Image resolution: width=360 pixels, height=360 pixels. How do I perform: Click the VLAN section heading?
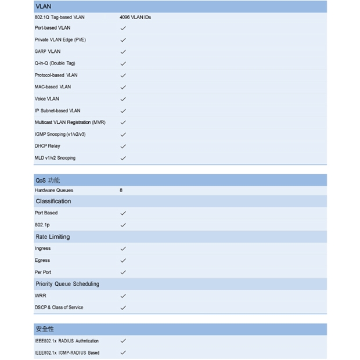[x=44, y=6]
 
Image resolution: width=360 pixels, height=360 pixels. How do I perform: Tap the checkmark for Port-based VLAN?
[x=123, y=28]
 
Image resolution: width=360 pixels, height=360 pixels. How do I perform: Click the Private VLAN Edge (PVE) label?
[x=60, y=39]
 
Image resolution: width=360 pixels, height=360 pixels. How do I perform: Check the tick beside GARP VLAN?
[x=123, y=52]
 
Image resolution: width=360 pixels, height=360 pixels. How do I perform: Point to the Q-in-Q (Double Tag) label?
[x=55, y=63]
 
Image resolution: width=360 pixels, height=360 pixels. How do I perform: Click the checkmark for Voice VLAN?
[x=123, y=99]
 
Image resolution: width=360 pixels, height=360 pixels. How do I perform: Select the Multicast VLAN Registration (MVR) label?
[x=70, y=123]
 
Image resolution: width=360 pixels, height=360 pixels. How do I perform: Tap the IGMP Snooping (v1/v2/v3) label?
[x=60, y=134]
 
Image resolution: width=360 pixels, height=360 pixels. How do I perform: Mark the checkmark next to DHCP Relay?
[x=123, y=146]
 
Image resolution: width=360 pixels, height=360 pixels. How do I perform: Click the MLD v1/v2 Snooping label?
[x=55, y=158]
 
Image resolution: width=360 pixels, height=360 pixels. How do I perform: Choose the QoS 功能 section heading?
[x=48, y=181]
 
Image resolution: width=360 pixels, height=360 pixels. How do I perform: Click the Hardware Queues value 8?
[x=121, y=190]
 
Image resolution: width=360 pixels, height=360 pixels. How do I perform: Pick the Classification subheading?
[x=53, y=201]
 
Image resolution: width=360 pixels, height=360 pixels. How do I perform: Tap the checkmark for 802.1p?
[x=123, y=225]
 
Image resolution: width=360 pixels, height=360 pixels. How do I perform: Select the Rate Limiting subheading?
[x=52, y=237]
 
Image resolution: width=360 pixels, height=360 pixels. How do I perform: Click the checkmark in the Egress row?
[x=123, y=261]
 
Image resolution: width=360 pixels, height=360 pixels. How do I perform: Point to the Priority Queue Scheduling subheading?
[x=67, y=284]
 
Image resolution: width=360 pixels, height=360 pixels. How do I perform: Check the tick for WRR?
[x=123, y=296]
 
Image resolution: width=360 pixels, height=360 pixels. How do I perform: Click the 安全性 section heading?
[x=45, y=329]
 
